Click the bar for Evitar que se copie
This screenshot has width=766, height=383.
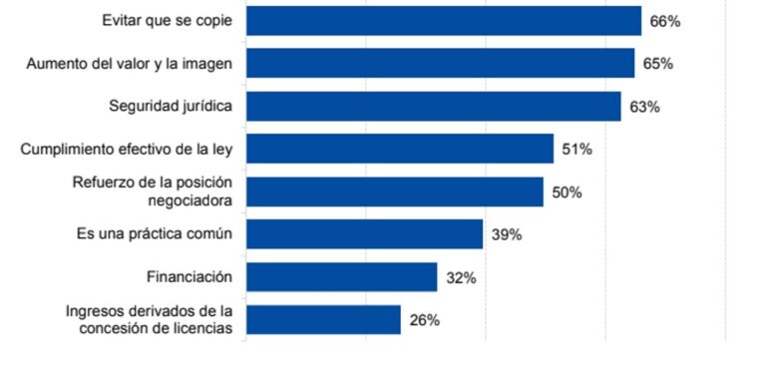pos(443,21)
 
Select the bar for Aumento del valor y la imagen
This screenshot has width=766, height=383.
pos(440,63)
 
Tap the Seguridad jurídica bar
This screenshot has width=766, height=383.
pos(433,106)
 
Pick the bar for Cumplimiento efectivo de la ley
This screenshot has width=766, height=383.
pos(399,149)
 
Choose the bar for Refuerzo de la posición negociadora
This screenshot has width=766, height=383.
pos(394,191)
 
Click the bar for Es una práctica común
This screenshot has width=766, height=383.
pos(364,234)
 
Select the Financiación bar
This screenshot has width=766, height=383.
pos(341,277)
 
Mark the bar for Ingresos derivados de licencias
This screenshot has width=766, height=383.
pos(323,320)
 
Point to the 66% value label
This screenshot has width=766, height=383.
pos(665,21)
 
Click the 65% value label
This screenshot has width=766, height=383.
pos(658,64)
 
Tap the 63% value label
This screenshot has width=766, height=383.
pos(644,107)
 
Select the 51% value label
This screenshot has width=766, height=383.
pos(576,150)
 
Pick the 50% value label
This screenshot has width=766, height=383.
pos(567,192)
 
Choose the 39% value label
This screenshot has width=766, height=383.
pos(507,235)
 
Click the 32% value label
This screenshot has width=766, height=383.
pos(461,278)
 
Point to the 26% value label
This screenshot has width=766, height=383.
pos(424,321)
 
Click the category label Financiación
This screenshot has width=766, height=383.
pos(189,277)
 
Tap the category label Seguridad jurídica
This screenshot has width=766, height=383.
pos(170,106)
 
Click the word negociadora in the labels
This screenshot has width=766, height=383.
pos(188,200)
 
